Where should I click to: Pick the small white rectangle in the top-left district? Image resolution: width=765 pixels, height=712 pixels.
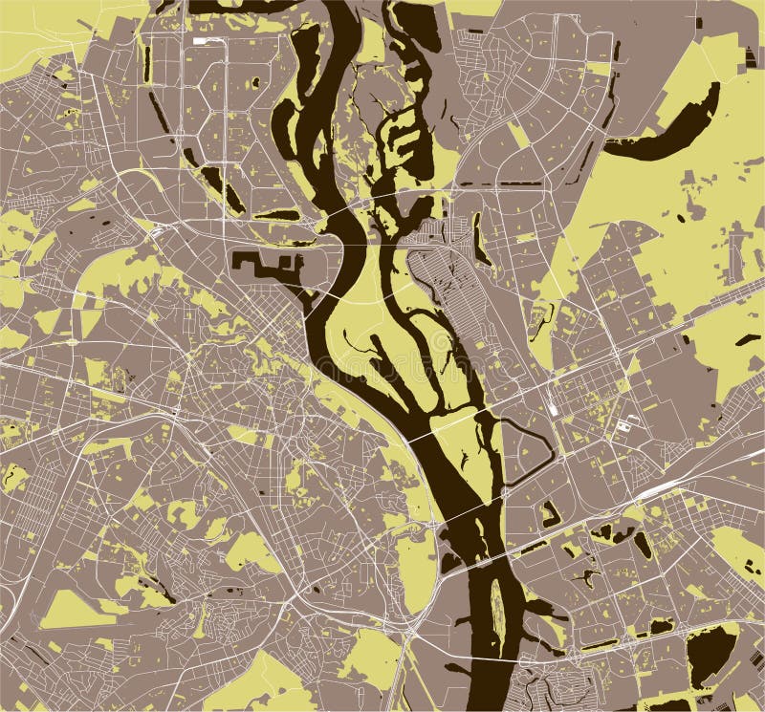coord(203,41)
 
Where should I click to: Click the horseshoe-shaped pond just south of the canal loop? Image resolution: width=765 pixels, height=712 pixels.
coord(549,514)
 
